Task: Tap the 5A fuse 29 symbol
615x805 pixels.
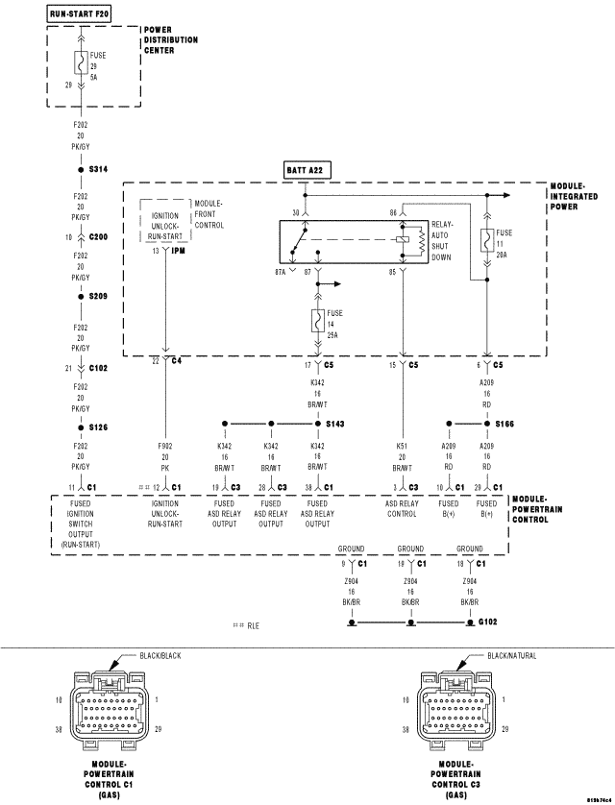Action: coord(81,64)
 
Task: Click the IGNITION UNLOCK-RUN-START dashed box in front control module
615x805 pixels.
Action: coord(166,219)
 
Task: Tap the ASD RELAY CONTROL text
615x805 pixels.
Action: coord(405,508)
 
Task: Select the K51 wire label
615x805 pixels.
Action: coord(402,447)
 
